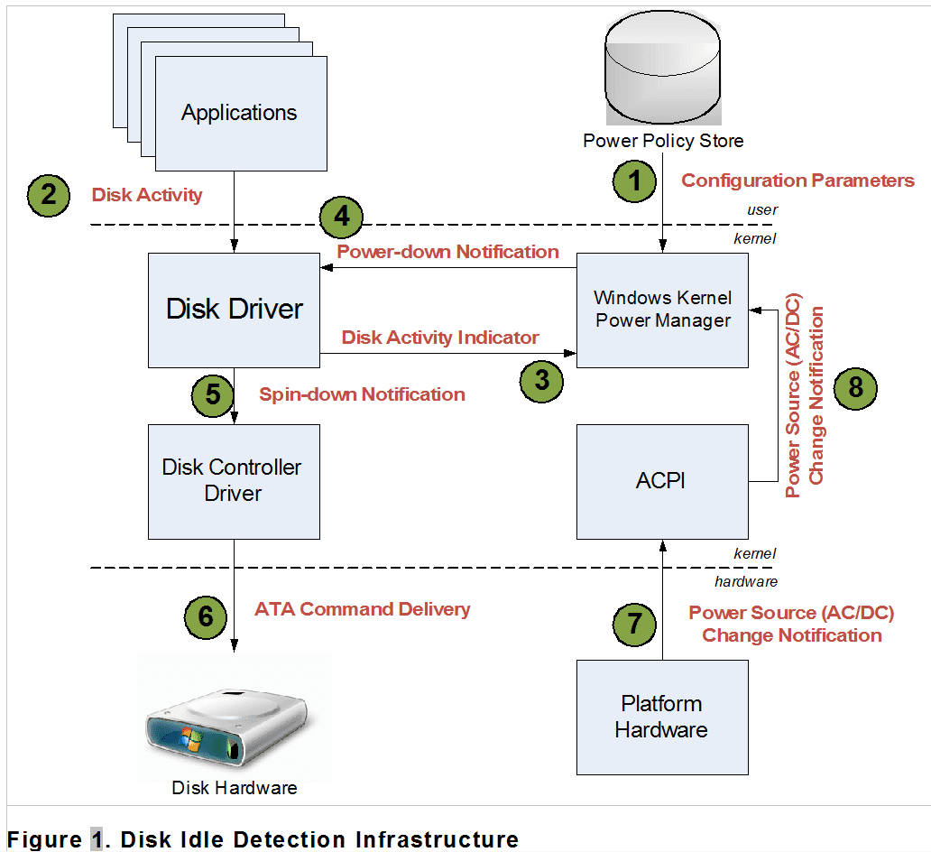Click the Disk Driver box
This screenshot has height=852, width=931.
(234, 310)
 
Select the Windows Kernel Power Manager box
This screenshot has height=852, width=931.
(662, 310)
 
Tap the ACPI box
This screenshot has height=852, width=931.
(662, 481)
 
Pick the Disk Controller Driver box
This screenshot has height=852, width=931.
(234, 481)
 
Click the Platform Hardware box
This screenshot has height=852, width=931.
(662, 717)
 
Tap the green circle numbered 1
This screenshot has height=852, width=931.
(636, 181)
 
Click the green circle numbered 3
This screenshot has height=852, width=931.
(541, 380)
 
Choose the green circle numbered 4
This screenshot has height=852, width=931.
(341, 217)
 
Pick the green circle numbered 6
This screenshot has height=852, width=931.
(207, 616)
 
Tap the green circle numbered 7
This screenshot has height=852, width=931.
(636, 625)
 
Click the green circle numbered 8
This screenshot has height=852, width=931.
(854, 387)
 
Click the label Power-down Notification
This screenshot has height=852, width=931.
(447, 252)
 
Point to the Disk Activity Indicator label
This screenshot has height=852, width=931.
(440, 338)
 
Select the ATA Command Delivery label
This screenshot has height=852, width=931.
(362, 609)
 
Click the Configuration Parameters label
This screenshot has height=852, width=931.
(797, 181)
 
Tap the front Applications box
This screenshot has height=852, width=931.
(241, 113)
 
